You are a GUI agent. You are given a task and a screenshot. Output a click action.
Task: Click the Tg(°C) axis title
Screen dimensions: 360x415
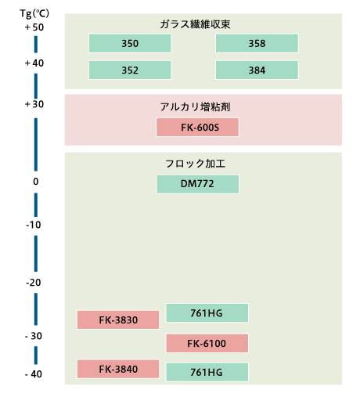(34, 13)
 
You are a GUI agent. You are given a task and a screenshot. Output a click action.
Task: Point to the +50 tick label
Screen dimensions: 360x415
(34, 27)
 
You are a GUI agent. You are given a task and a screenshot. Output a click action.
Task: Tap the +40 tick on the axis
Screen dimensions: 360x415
(34, 63)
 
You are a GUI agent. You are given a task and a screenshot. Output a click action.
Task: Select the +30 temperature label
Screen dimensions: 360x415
(34, 104)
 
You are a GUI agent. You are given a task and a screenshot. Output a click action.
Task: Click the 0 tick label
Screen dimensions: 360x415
(36, 182)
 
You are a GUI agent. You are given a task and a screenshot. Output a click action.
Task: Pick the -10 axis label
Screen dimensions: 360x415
(34, 225)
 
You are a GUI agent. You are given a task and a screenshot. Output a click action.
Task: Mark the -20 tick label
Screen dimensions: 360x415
(34, 283)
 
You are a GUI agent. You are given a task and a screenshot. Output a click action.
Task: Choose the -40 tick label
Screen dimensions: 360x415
(34, 374)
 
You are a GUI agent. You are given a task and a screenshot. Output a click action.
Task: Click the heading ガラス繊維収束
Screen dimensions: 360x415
(195, 24)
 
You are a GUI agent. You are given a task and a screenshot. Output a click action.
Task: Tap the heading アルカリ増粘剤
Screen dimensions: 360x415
(195, 107)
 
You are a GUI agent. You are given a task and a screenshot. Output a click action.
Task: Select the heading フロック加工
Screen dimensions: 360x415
(195, 164)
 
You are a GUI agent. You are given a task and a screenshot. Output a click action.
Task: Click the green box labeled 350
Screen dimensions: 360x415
(130, 43)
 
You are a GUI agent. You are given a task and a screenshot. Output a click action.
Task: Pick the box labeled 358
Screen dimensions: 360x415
(257, 43)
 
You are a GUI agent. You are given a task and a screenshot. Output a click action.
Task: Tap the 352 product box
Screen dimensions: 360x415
(130, 70)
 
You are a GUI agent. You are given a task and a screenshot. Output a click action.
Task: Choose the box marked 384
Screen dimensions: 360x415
(257, 70)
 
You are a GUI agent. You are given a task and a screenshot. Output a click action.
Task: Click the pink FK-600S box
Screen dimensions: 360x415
(197, 128)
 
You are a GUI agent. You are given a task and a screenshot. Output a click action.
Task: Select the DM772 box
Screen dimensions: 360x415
(197, 184)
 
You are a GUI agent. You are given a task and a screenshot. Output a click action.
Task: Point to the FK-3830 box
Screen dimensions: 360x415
(118, 319)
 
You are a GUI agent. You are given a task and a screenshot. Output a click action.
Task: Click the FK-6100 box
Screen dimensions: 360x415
(207, 343)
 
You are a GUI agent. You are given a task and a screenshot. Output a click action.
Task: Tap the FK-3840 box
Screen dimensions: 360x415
(118, 369)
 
